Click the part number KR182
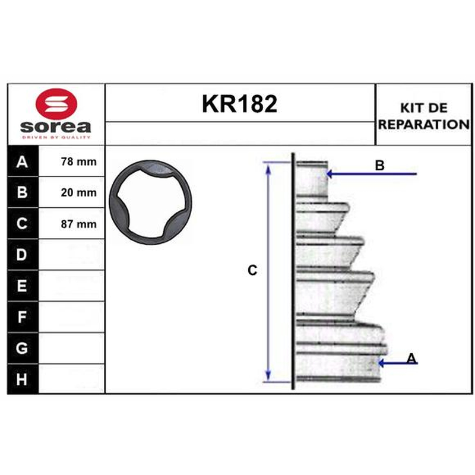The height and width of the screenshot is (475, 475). coord(239,104)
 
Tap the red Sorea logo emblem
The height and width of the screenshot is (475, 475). coord(56,104)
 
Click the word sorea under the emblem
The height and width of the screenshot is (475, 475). coord(56,126)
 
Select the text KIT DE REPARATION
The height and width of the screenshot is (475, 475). coord(424,116)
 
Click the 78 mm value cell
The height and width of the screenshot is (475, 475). coord(71,161)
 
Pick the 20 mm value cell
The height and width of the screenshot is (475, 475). coord(71,192)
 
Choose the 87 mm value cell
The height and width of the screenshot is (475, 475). coord(71,224)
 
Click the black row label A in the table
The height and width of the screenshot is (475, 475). coord(23,161)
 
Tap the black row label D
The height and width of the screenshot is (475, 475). coord(23,255)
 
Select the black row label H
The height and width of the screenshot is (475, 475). coord(23,379)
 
